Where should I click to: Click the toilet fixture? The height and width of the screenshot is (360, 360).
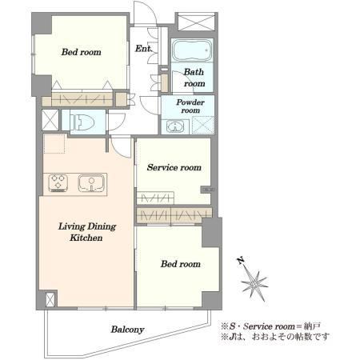82,122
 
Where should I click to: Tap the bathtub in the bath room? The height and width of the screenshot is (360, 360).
192,50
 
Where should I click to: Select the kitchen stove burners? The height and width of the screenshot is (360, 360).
58,183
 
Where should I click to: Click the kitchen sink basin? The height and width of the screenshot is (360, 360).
91,183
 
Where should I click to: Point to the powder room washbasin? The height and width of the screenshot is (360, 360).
175,126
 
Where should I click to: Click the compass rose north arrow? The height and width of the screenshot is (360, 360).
254,282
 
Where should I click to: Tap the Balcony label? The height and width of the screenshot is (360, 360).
127,330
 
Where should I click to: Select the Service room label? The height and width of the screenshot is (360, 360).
174,167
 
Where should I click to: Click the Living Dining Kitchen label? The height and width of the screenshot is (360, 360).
87,232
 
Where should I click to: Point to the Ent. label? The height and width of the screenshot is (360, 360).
143,49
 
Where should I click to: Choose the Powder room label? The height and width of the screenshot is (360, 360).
190,106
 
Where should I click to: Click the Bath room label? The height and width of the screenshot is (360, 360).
194,78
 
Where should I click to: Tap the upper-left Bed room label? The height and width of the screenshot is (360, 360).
82,52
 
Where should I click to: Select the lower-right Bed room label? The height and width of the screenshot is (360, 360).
181,264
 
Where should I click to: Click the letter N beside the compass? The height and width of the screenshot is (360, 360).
242,260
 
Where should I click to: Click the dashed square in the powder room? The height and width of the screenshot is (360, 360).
203,125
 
